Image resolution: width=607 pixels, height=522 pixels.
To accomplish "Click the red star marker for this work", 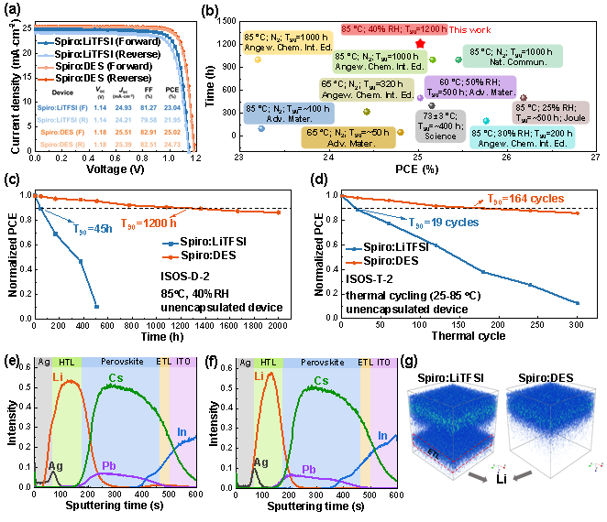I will pos(420,44).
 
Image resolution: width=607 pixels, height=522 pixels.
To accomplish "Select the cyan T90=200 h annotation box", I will pos(522,137).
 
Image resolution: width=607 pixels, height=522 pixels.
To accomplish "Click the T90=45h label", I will pos(92,229).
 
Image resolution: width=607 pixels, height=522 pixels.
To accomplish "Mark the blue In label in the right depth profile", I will pos(381,436).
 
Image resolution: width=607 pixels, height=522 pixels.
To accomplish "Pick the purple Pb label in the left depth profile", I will pos(109,465).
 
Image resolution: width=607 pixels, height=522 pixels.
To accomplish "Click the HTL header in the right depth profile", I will pos(268,363).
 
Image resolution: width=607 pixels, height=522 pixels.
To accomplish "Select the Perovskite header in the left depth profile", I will pos(119,363).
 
